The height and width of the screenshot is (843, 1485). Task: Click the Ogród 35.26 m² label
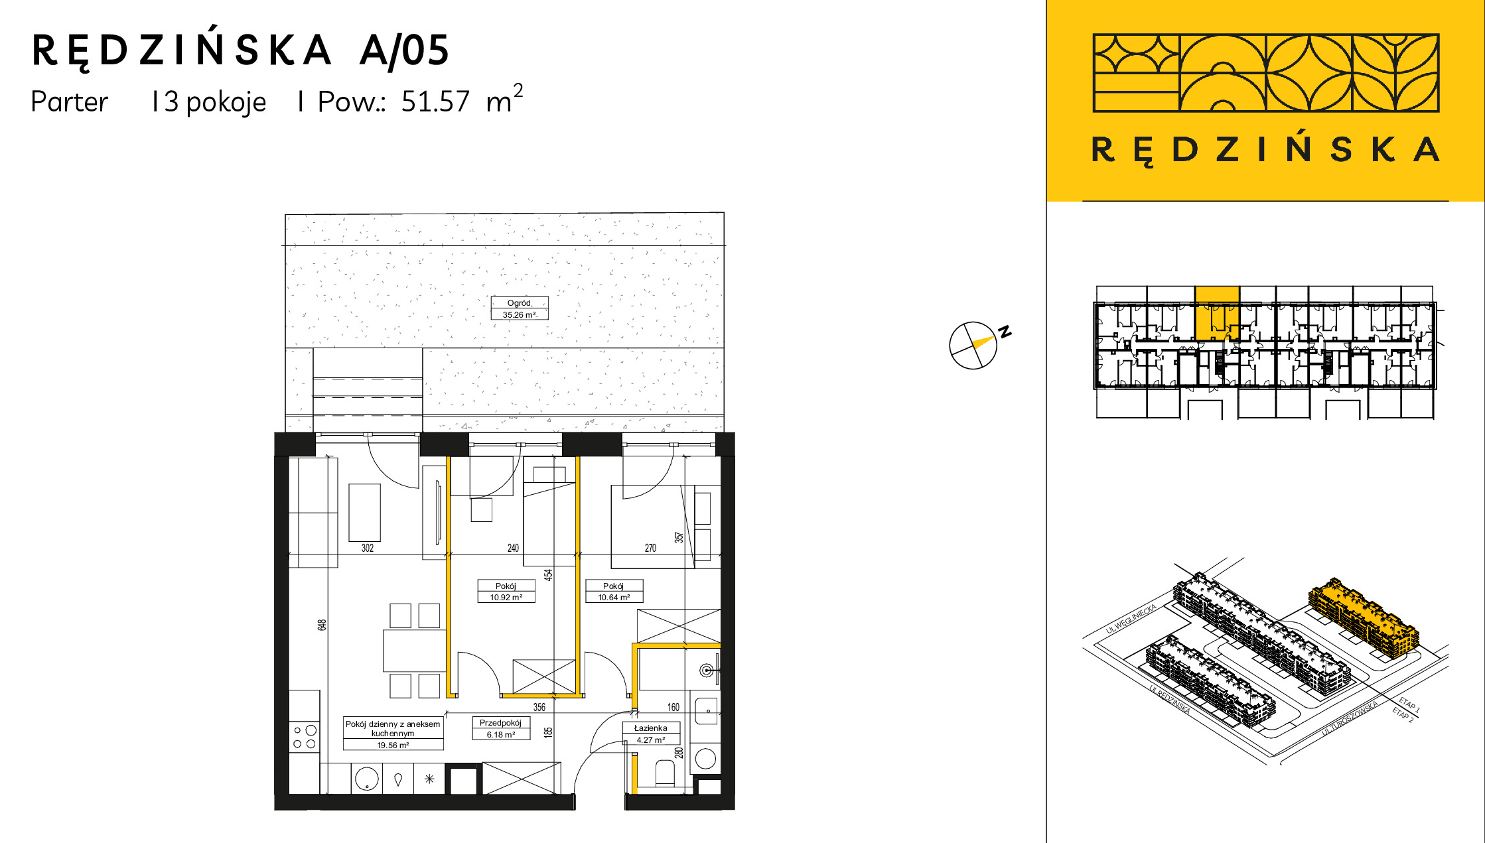click(x=520, y=308)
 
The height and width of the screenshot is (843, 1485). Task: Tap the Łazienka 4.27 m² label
click(x=651, y=734)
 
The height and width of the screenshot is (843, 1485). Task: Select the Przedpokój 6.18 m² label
click(x=501, y=728)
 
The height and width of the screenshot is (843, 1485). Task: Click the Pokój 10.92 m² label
click(x=506, y=591)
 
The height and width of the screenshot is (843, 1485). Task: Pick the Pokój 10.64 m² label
click(x=614, y=591)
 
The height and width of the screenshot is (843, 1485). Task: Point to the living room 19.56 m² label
click(x=393, y=734)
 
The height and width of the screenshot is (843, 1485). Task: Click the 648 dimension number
click(x=322, y=625)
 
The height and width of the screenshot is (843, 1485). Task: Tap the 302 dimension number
click(x=368, y=548)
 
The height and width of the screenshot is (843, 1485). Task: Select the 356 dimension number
click(x=539, y=707)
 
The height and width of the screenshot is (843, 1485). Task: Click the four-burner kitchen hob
click(x=305, y=737)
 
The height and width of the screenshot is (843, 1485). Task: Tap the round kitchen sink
click(x=366, y=779)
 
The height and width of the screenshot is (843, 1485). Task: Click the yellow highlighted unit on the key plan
click(x=1217, y=313)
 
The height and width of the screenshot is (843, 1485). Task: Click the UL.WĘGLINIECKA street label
click(x=1131, y=618)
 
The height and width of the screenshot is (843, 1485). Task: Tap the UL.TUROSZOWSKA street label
click(x=1350, y=718)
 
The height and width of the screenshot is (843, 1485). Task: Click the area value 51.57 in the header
click(x=435, y=101)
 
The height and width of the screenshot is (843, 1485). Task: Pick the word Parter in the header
click(x=69, y=101)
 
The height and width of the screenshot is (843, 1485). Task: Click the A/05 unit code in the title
click(x=404, y=50)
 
